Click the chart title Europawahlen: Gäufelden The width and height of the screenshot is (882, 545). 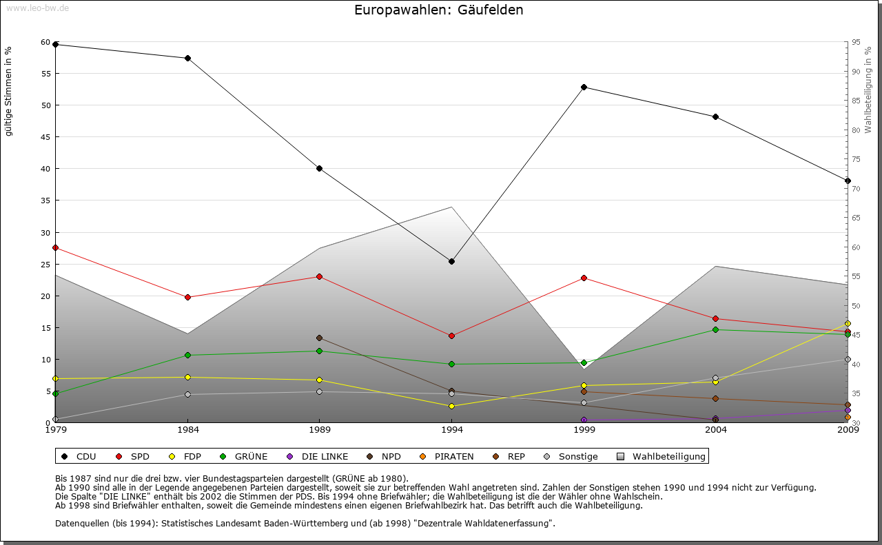pyautogui.click(x=439, y=10)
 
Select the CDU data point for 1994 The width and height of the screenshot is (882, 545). pyautogui.click(x=451, y=261)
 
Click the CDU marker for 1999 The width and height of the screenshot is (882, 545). pyautogui.click(x=584, y=87)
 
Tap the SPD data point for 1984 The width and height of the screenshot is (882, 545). pyautogui.click(x=187, y=297)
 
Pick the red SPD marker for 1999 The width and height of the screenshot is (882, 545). pyautogui.click(x=584, y=278)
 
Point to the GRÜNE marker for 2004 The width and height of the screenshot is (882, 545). pyautogui.click(x=716, y=329)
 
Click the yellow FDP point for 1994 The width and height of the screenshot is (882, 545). pyautogui.click(x=451, y=406)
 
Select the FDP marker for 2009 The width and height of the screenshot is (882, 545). pyautogui.click(x=848, y=323)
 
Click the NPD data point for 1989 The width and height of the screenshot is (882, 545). pyautogui.click(x=319, y=338)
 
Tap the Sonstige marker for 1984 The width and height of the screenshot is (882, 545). pyautogui.click(x=187, y=394)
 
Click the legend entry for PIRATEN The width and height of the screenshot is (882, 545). pyautogui.click(x=448, y=456)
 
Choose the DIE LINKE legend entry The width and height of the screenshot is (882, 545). pyautogui.click(x=318, y=456)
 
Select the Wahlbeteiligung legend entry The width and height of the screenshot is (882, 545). pyautogui.click(x=661, y=456)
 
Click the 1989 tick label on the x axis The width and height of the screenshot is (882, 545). pyautogui.click(x=320, y=431)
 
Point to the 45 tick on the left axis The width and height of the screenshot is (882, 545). pyautogui.click(x=46, y=136)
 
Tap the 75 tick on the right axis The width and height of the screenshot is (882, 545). pyautogui.click(x=856, y=159)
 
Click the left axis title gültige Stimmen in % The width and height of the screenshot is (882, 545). pyautogui.click(x=9, y=91)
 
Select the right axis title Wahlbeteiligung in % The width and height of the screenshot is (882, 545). pyautogui.click(x=868, y=90)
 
